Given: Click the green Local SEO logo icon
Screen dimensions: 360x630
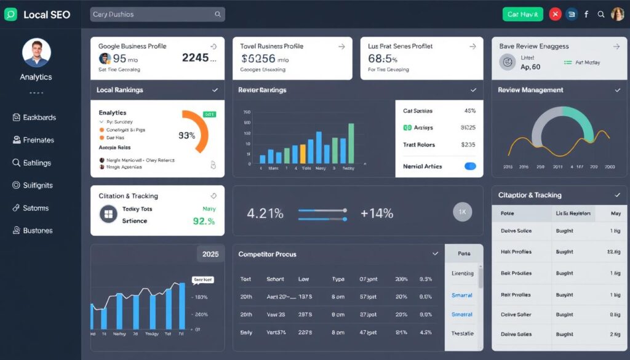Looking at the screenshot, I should coord(10,15).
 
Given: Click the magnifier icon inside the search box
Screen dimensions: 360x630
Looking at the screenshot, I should coord(218,14).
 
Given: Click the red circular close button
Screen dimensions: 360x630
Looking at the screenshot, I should coord(555,14).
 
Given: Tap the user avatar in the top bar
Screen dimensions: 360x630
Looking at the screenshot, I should coord(617,14).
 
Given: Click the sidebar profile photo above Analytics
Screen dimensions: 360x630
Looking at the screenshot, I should coord(36,52).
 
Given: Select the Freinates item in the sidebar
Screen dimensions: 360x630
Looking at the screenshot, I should coord(38,140).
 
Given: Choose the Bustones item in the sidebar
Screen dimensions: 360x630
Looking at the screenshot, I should coord(38,231).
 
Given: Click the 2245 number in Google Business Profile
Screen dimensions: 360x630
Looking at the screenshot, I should coord(199,58).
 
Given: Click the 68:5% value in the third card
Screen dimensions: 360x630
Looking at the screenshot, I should coord(383,59).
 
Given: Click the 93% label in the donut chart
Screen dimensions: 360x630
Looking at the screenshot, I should coord(186,135).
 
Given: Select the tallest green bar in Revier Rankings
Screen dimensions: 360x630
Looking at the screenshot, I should coord(351,143).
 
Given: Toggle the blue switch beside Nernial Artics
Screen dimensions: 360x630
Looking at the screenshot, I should coord(470,166).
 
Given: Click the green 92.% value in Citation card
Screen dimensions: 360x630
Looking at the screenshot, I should coord(204,221).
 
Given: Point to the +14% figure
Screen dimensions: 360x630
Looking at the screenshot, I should coord(377,214).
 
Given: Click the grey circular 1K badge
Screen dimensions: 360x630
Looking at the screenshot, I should coord(462,212).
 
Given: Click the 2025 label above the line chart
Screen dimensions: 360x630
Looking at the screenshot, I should coord(210,254).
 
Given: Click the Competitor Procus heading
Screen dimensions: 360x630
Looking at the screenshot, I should coord(267,254).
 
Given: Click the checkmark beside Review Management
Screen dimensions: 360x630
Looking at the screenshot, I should coord(617,90).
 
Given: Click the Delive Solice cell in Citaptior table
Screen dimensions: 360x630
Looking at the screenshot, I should coord(516,231).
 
